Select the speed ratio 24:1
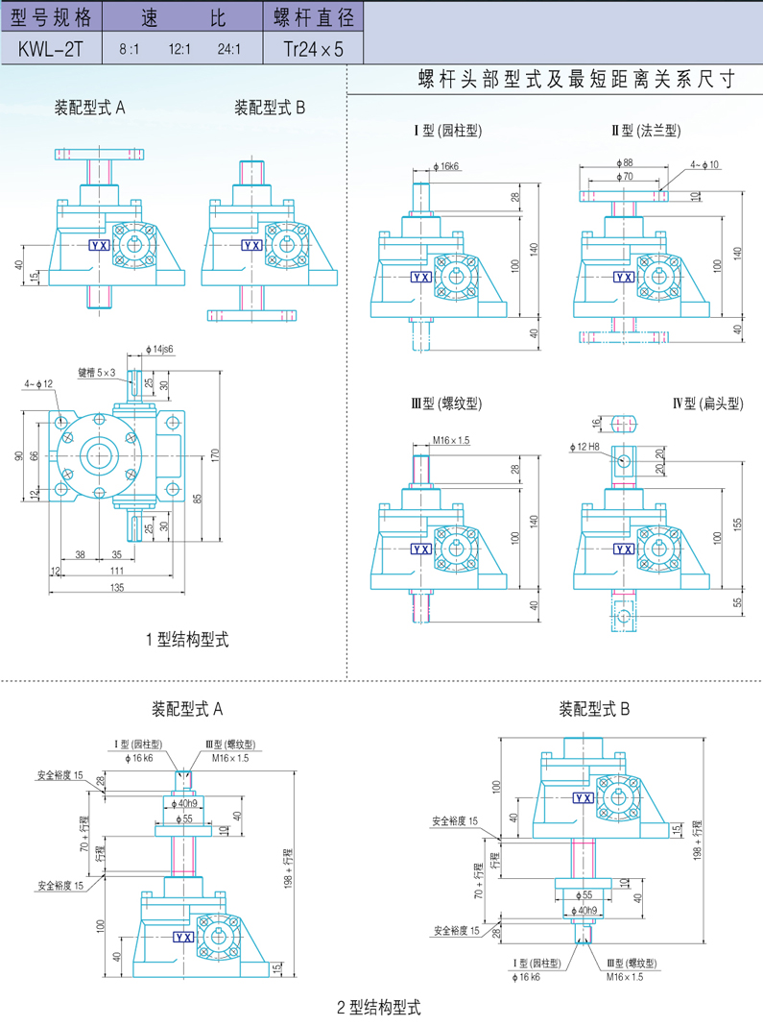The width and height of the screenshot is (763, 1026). click(x=229, y=48)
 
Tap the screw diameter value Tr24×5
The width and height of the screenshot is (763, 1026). click(x=313, y=48)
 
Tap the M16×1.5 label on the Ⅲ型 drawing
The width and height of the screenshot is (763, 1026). click(x=451, y=440)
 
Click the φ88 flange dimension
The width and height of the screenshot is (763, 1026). click(x=628, y=162)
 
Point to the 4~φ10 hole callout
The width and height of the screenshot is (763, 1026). click(x=704, y=165)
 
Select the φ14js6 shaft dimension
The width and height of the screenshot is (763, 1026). click(x=159, y=349)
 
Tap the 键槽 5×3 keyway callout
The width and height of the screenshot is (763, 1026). click(x=97, y=372)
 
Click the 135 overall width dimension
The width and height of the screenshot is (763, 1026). click(x=117, y=587)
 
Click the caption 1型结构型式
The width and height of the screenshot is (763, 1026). click(x=187, y=638)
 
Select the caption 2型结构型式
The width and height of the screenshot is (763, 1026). click(x=379, y=1008)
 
